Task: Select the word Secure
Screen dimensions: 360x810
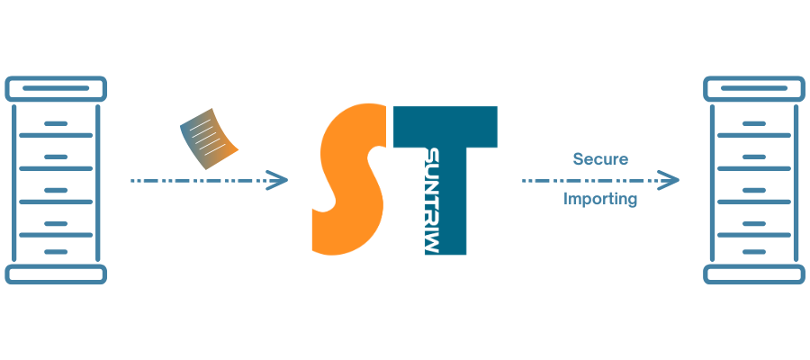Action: click(600, 159)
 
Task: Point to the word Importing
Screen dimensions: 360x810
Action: click(600, 199)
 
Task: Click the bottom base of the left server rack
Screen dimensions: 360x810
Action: click(57, 274)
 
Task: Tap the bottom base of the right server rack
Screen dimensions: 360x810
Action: click(753, 274)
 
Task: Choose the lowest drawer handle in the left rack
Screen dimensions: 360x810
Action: click(57, 252)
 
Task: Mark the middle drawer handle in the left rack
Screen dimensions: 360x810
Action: click(57, 190)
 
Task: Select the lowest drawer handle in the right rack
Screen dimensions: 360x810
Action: click(753, 252)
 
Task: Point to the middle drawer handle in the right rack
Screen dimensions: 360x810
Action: click(753, 190)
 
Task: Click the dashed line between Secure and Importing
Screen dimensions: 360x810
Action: click(594, 181)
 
